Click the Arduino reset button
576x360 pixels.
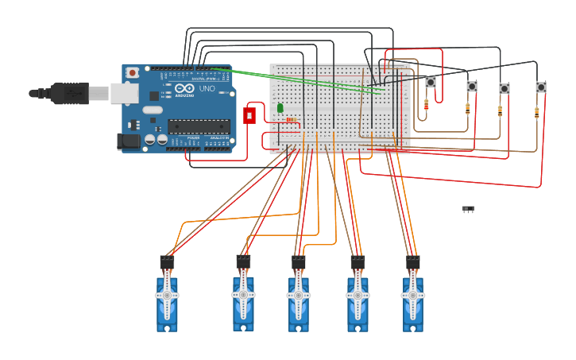[132, 72]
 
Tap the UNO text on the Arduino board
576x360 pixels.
[207, 89]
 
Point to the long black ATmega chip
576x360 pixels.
[199, 126]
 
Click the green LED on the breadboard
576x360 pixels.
[280, 108]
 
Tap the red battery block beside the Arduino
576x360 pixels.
[249, 115]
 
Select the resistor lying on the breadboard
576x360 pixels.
[291, 120]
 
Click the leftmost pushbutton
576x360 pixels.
[431, 82]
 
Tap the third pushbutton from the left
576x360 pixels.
[504, 89]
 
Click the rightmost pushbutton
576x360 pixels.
[540, 87]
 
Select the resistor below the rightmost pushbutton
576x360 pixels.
[536, 113]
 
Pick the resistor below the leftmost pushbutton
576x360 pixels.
[427, 104]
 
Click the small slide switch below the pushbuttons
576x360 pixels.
[468, 209]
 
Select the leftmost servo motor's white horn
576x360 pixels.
[167, 295]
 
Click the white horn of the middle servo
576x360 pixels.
[299, 295]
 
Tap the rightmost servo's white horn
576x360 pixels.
[412, 295]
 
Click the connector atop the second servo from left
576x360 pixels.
[243, 261]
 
